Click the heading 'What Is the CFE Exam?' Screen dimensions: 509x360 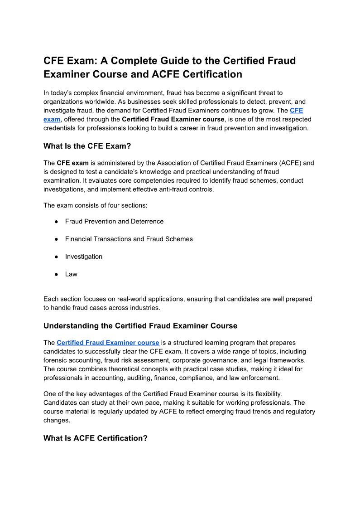click(89, 146)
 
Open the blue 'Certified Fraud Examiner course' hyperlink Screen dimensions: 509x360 click(108, 343)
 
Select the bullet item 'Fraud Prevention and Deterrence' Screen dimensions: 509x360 click(114, 221)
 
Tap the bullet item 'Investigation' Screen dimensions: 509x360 click(84, 257)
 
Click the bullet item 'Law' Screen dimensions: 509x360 click(71, 274)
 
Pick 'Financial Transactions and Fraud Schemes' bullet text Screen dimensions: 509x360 click(129, 239)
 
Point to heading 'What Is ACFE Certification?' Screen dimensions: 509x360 click(95, 438)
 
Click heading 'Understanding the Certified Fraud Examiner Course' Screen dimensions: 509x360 click(140, 325)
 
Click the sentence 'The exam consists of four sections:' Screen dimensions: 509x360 click(95, 205)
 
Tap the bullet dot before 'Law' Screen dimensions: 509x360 click(57, 274)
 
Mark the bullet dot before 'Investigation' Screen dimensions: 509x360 click(57, 257)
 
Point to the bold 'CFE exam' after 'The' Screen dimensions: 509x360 click(72, 163)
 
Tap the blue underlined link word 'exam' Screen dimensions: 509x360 click(52, 119)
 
